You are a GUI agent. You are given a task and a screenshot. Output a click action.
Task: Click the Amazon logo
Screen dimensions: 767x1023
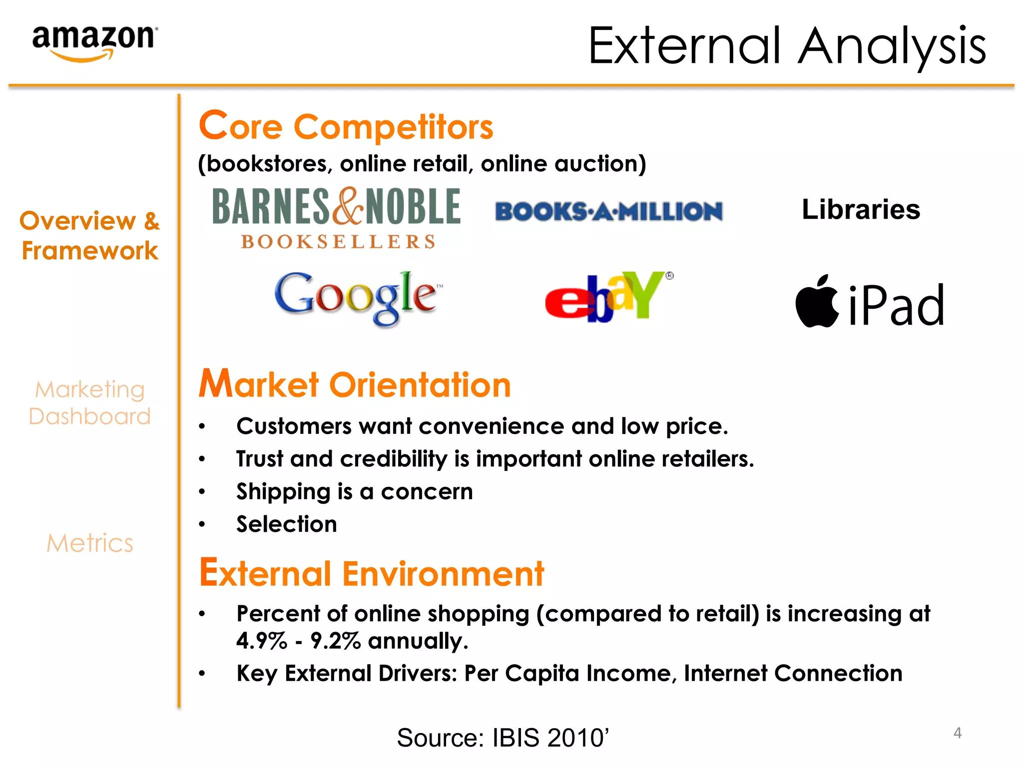(x=94, y=42)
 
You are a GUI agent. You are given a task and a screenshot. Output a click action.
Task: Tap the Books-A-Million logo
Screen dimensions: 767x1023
(x=608, y=211)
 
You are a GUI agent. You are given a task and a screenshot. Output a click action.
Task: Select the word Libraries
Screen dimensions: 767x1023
(x=860, y=209)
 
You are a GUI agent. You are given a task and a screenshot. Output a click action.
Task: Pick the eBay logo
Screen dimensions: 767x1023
(x=607, y=297)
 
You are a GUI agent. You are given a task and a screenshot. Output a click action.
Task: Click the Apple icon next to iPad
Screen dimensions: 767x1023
(x=817, y=302)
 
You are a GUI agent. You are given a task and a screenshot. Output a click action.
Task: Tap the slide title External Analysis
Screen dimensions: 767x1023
(x=787, y=46)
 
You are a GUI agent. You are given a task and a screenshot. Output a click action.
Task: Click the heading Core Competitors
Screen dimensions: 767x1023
(x=346, y=126)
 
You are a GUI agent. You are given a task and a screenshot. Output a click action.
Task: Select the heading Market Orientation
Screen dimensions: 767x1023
(x=355, y=384)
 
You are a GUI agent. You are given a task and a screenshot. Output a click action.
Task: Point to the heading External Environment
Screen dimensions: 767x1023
(x=371, y=573)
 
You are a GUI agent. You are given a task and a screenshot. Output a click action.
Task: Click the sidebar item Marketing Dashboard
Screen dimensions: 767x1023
(x=90, y=402)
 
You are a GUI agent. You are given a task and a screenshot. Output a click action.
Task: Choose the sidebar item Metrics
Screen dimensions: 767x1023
(x=90, y=543)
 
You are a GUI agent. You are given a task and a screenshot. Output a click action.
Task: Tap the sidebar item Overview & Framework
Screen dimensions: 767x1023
(x=90, y=235)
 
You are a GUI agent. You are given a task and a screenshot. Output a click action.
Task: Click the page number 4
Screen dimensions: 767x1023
(x=957, y=733)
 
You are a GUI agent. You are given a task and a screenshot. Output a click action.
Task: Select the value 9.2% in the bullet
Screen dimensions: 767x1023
(x=335, y=641)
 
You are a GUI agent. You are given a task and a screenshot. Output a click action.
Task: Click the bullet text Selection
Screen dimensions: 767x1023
(x=287, y=524)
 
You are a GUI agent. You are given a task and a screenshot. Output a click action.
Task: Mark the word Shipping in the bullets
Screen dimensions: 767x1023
(x=283, y=492)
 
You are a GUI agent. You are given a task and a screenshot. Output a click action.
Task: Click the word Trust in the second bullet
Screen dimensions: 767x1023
(x=259, y=459)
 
